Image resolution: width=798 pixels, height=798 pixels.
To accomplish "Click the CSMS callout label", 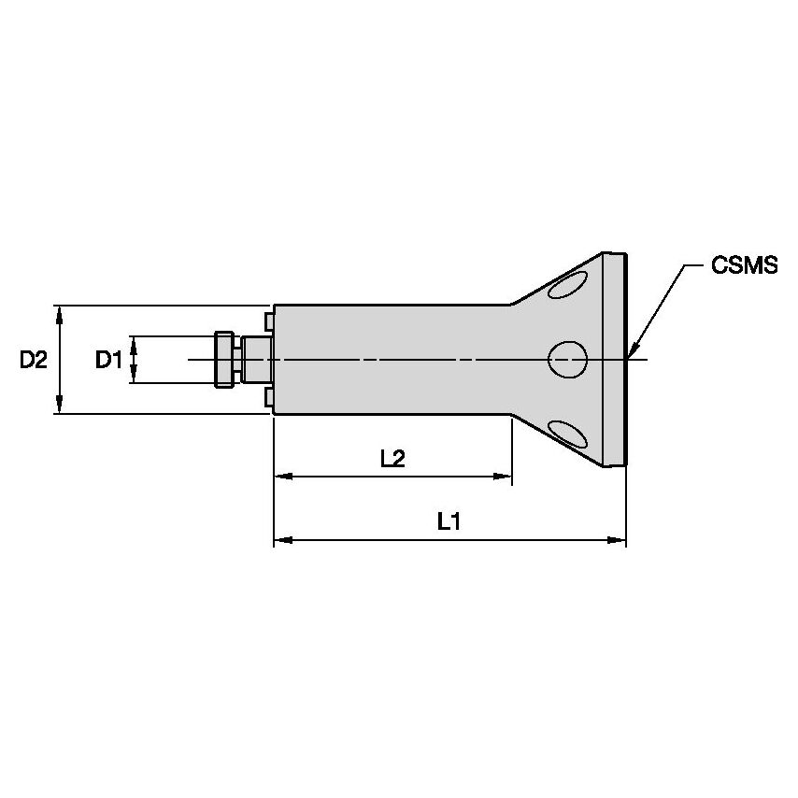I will [x=744, y=266].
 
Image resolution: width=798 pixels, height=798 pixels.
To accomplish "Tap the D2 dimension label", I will [x=34, y=359].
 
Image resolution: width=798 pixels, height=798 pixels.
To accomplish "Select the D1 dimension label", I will [x=108, y=359].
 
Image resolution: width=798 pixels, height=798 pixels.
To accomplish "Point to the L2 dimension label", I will [x=392, y=458].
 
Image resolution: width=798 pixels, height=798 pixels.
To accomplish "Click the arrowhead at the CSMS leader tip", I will [x=632, y=352].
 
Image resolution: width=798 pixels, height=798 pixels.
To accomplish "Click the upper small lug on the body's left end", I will [x=269, y=321].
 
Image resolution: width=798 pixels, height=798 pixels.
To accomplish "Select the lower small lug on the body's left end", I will [x=269, y=398].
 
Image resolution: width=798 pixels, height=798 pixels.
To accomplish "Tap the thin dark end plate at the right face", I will [x=623, y=359].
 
